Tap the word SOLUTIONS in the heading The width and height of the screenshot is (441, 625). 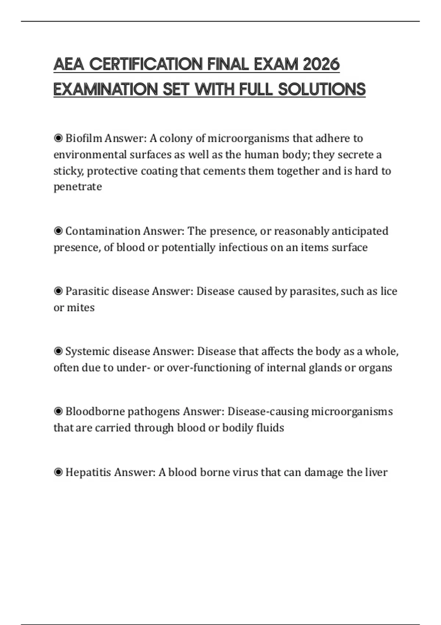pyautogui.click(x=322, y=89)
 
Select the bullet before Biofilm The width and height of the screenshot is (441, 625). pyautogui.click(x=58, y=138)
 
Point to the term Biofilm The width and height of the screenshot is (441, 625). pyautogui.click(x=83, y=138)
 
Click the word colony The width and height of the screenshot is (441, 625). pyautogui.click(x=175, y=138)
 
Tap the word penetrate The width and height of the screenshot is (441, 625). pyautogui.click(x=78, y=187)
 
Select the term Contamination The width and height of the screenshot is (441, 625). pyautogui.click(x=103, y=231)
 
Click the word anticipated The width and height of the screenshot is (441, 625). pyautogui.click(x=360, y=231)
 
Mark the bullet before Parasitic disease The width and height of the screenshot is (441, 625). pyautogui.click(x=58, y=291)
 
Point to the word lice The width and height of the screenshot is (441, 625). pyautogui.click(x=389, y=291)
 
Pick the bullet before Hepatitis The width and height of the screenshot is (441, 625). pyautogui.click(x=58, y=472)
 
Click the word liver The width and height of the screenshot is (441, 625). pyautogui.click(x=376, y=472)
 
